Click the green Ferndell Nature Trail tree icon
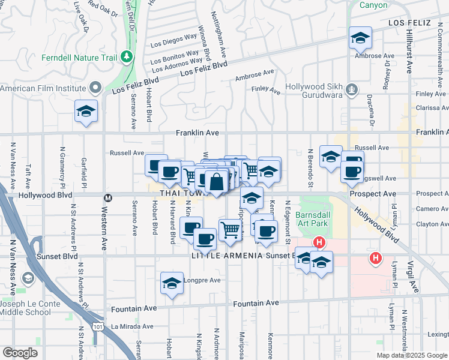126,57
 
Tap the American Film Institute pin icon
94,88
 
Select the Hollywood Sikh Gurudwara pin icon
352,90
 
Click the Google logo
20,353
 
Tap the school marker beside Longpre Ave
172,283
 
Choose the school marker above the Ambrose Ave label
360,38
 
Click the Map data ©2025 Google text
412,355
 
